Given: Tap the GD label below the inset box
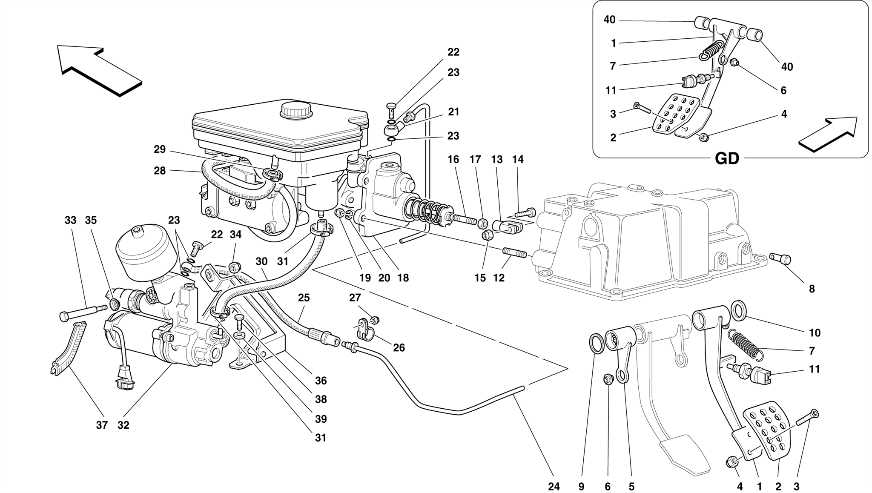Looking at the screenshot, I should pyautogui.click(x=727, y=159).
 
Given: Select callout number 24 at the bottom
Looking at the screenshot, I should pyautogui.click(x=554, y=486).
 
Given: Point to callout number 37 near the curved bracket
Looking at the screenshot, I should pyautogui.click(x=101, y=425).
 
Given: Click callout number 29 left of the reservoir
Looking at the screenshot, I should pyautogui.click(x=160, y=149).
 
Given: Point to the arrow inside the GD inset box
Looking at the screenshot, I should pyautogui.click(x=828, y=134).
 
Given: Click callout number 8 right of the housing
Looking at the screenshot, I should pyautogui.click(x=812, y=289).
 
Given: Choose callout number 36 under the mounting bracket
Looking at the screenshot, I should pyautogui.click(x=321, y=381).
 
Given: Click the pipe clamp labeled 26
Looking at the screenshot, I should pyautogui.click(x=363, y=329).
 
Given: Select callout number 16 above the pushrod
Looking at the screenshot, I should pyautogui.click(x=453, y=160).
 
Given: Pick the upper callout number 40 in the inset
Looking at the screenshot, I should pyautogui.click(x=609, y=20).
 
